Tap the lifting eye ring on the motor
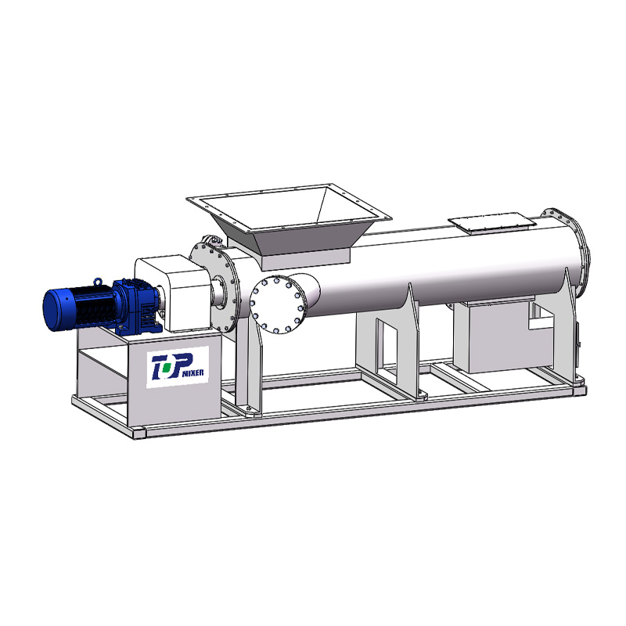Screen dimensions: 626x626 97,282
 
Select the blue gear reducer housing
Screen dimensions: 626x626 135,305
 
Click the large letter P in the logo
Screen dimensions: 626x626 181,364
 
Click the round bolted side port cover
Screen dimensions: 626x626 276,304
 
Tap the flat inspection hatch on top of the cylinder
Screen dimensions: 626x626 492,221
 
